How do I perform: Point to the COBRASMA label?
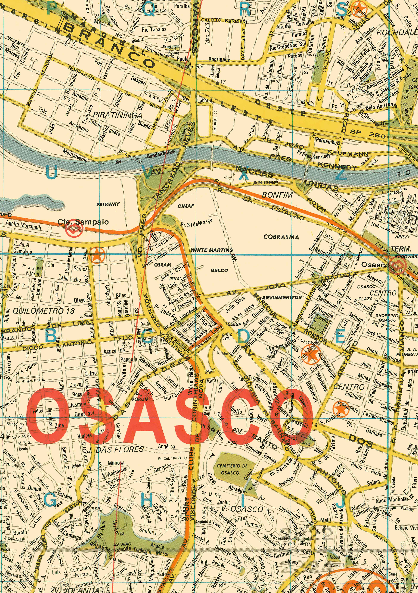281,237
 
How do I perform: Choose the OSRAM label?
163,265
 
